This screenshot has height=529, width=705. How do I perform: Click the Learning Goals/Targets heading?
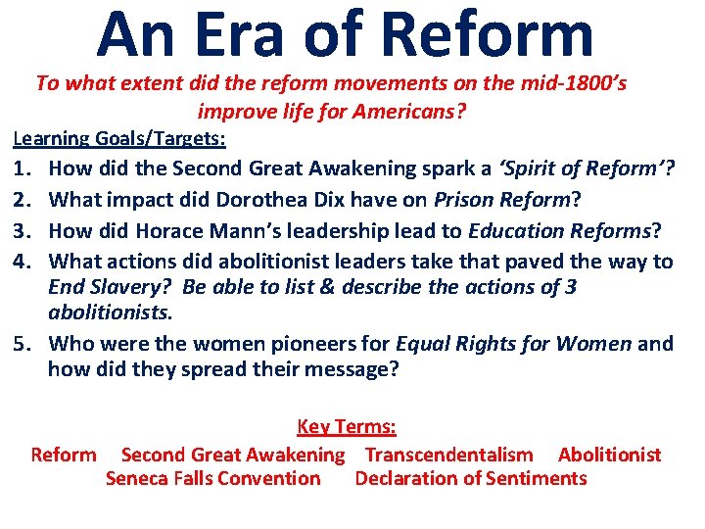(x=119, y=138)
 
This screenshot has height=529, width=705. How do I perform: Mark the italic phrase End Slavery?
(x=102, y=287)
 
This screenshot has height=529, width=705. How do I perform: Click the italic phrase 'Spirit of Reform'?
(x=584, y=169)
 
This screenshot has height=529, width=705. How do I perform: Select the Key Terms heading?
(x=347, y=427)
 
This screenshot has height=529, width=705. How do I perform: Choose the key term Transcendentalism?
(x=448, y=455)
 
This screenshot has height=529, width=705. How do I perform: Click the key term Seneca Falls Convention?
(x=212, y=479)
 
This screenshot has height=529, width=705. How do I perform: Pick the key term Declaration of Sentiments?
(x=471, y=479)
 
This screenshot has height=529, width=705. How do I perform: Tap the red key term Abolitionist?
(x=609, y=455)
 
